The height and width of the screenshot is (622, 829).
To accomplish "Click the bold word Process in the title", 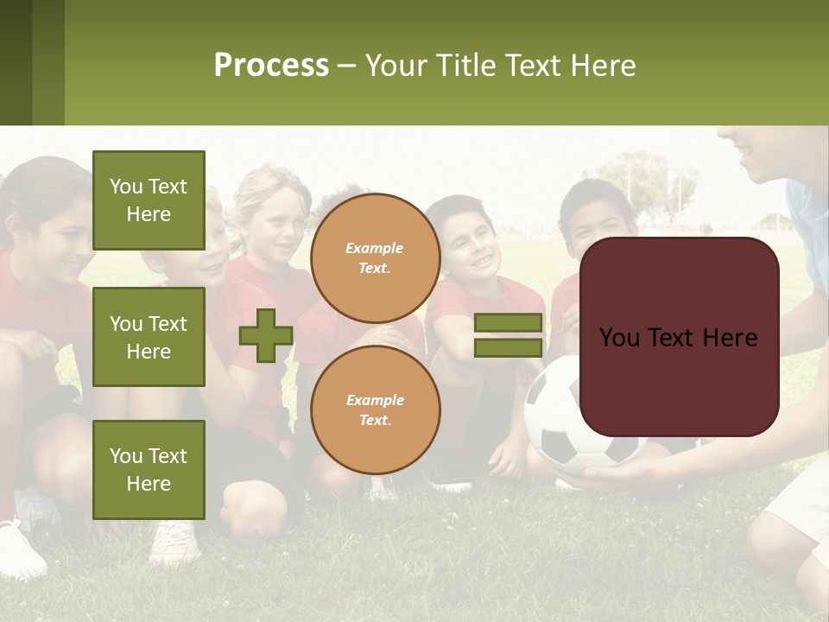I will (271, 65).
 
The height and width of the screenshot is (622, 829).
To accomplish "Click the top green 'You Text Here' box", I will (149, 200).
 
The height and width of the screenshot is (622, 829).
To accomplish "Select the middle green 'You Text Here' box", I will (149, 337).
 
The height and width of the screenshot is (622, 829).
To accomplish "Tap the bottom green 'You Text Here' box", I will (149, 470).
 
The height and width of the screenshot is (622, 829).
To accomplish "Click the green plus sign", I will (266, 335).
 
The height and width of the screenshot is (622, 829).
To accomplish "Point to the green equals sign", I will (508, 335).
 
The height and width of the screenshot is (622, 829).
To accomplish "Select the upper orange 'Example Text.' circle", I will (375, 257).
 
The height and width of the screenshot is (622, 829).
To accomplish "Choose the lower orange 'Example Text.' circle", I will (375, 409).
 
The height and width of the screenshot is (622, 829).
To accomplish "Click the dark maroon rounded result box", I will (679, 337).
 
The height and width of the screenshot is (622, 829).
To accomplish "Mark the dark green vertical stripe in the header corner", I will (16, 62).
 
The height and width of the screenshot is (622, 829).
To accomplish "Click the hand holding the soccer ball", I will (622, 475).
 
